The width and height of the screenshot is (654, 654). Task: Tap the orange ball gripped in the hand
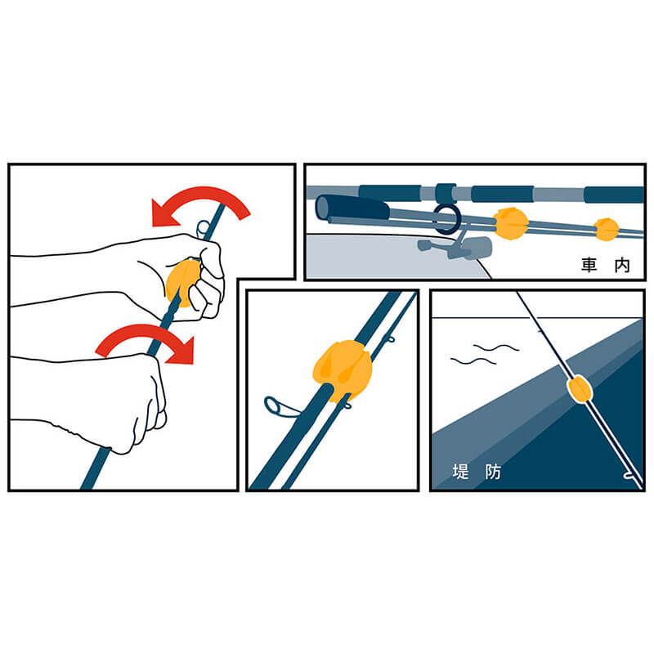pos(182,282)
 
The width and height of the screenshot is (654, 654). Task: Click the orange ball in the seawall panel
pos(580,389)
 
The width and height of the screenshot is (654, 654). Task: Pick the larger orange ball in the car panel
pos(510,224)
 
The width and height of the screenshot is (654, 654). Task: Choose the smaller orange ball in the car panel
pos(607,230)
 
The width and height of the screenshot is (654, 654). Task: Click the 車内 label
pos(606,265)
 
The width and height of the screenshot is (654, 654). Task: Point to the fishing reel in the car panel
pos(457,247)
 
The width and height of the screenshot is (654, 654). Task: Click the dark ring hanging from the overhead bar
pos(447,219)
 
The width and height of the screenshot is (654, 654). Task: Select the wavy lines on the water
pos(485,354)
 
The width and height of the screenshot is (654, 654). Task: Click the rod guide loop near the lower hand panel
pos(280,406)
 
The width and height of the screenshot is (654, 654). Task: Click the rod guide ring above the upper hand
pos(203,229)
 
